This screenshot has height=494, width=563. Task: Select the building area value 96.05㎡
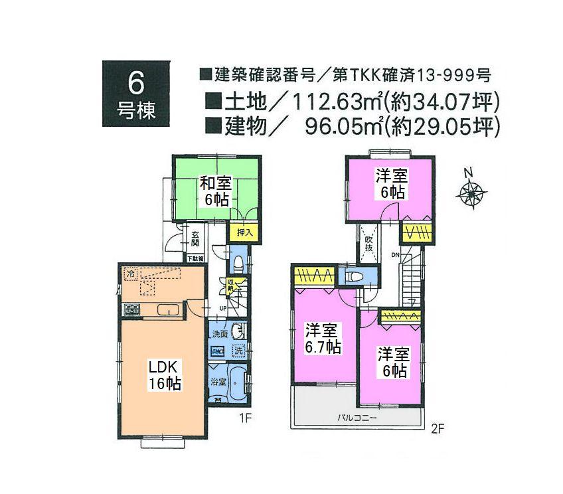339,125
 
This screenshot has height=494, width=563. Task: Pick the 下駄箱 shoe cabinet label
195,258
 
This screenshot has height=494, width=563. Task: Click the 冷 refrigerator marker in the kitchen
131,272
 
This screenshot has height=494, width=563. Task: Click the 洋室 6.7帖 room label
323,338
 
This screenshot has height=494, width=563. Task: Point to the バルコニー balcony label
357,418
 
